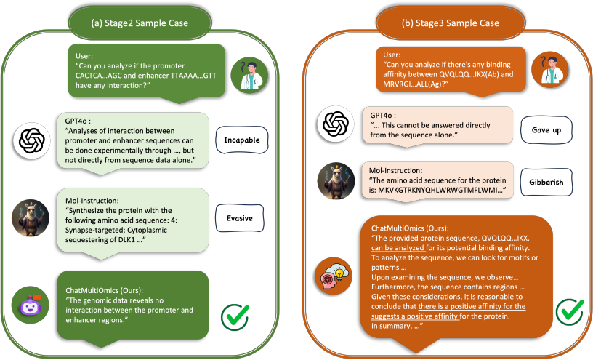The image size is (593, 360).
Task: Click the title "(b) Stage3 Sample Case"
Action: pyautogui.click(x=450, y=23)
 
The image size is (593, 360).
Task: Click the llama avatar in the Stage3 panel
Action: pyautogui.click(x=336, y=181)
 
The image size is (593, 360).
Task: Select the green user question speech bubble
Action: pyautogui.click(x=145, y=71)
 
